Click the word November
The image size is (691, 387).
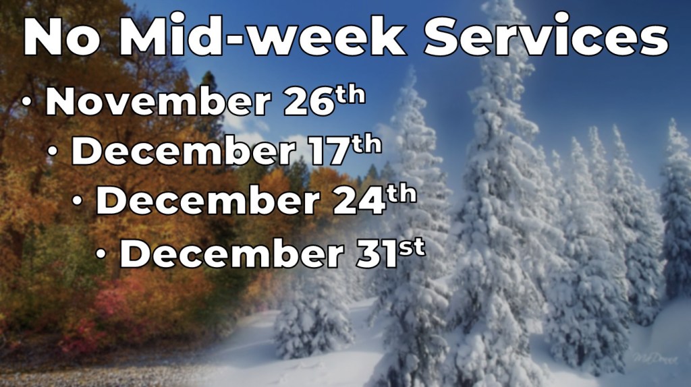[x=158, y=102]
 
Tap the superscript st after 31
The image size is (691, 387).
[x=412, y=247]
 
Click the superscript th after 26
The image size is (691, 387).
[x=351, y=95]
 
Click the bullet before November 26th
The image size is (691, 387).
[x=28, y=102]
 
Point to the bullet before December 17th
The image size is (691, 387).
[x=53, y=151]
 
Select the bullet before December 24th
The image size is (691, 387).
[x=78, y=201]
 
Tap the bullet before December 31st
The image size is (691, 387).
[x=101, y=254]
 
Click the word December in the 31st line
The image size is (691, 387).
[x=232, y=254]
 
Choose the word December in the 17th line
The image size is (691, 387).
[x=184, y=151]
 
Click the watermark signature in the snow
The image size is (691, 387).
[x=655, y=359]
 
